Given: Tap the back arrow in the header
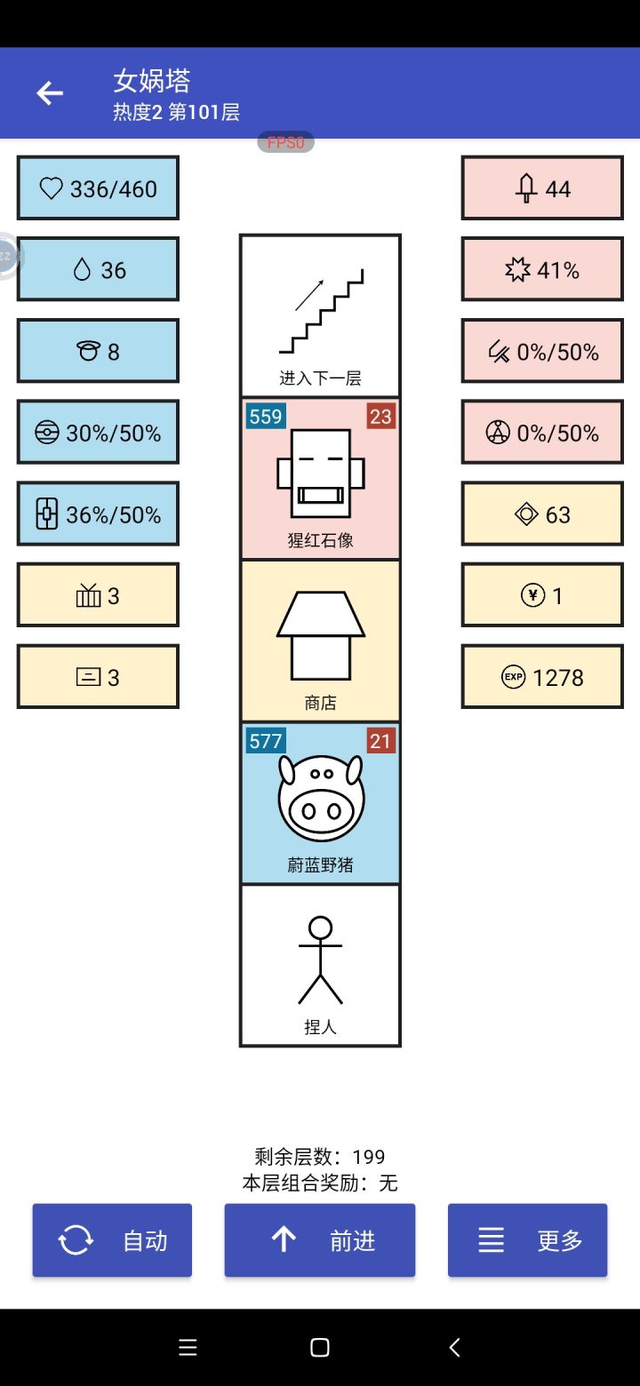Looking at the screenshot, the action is coord(50,93).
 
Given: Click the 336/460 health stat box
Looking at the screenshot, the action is coord(98,188).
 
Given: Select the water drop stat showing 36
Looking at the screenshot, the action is coord(98,269).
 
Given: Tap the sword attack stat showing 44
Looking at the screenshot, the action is coord(542,188).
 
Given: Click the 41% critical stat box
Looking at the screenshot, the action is coord(542,269).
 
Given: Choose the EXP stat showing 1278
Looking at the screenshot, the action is coord(542,677).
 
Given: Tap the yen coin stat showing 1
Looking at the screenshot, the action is coord(542,595).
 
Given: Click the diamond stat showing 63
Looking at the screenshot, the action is coord(542,514).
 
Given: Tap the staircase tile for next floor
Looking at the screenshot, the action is coord(320,315).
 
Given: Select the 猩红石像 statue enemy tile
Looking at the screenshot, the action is coord(320,478).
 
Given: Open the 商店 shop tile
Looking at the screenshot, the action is coord(320,641).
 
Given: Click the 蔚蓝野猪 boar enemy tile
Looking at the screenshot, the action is coord(320,803).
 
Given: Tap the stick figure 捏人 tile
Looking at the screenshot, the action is coord(320,966).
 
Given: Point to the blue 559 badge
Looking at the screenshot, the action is coord(266,416).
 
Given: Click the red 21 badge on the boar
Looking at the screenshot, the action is coord(380,741).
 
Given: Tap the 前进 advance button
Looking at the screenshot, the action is coord(320,1240).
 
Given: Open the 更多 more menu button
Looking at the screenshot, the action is coord(527,1240).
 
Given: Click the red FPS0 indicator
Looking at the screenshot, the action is coord(285,142).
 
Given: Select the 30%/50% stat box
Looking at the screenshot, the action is coord(98,432).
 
